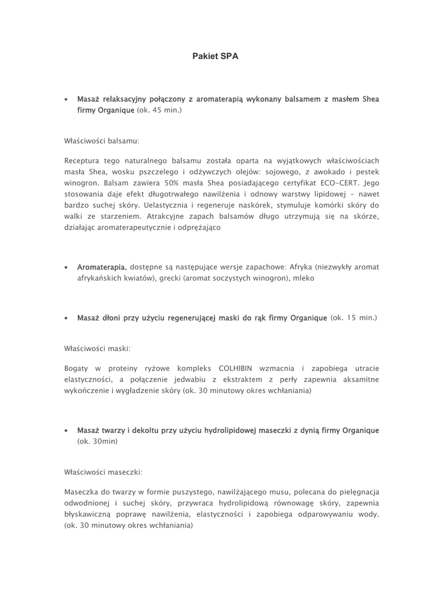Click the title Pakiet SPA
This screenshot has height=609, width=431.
(x=215, y=56)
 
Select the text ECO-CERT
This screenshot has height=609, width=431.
(x=339, y=183)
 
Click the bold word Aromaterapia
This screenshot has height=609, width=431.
(x=101, y=267)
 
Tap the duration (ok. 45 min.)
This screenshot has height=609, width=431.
(x=159, y=111)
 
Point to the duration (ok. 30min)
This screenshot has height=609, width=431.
(x=97, y=441)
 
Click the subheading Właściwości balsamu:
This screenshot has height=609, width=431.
(x=102, y=142)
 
